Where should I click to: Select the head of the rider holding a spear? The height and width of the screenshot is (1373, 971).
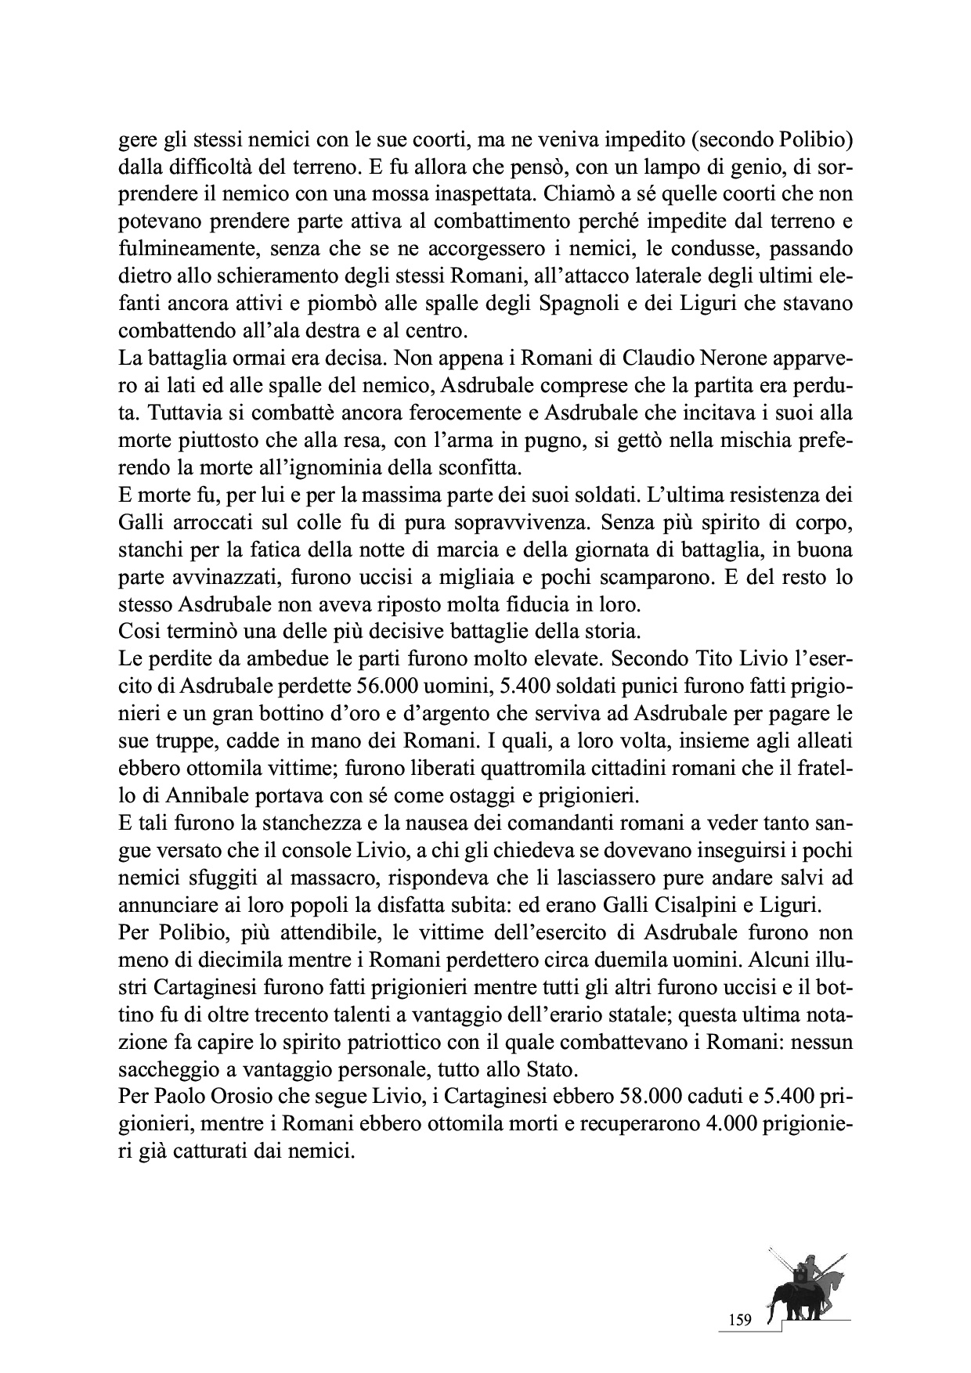click(810, 1258)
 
